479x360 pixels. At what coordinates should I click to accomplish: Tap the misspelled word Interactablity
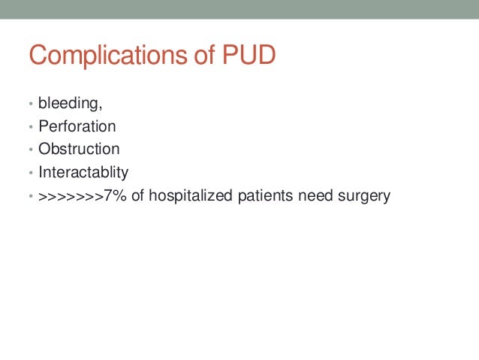[83, 172]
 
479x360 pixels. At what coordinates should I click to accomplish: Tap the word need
[317, 197]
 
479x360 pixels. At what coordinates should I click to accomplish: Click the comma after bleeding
[101, 105]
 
